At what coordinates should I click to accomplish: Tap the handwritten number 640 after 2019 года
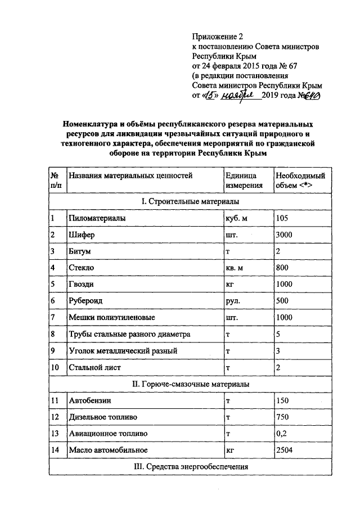click(310, 96)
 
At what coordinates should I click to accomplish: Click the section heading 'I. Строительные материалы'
click(190, 201)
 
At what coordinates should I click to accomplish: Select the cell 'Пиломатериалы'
click(97, 218)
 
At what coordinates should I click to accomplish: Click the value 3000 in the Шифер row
click(285, 235)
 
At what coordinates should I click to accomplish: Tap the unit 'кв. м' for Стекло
click(235, 268)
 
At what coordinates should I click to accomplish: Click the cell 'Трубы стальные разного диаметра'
click(129, 334)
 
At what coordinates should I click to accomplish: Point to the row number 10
click(55, 367)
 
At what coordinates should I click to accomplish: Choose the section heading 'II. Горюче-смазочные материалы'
click(190, 384)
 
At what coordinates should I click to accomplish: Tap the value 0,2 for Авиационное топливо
click(281, 434)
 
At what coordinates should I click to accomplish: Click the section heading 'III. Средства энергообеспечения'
click(190, 467)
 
